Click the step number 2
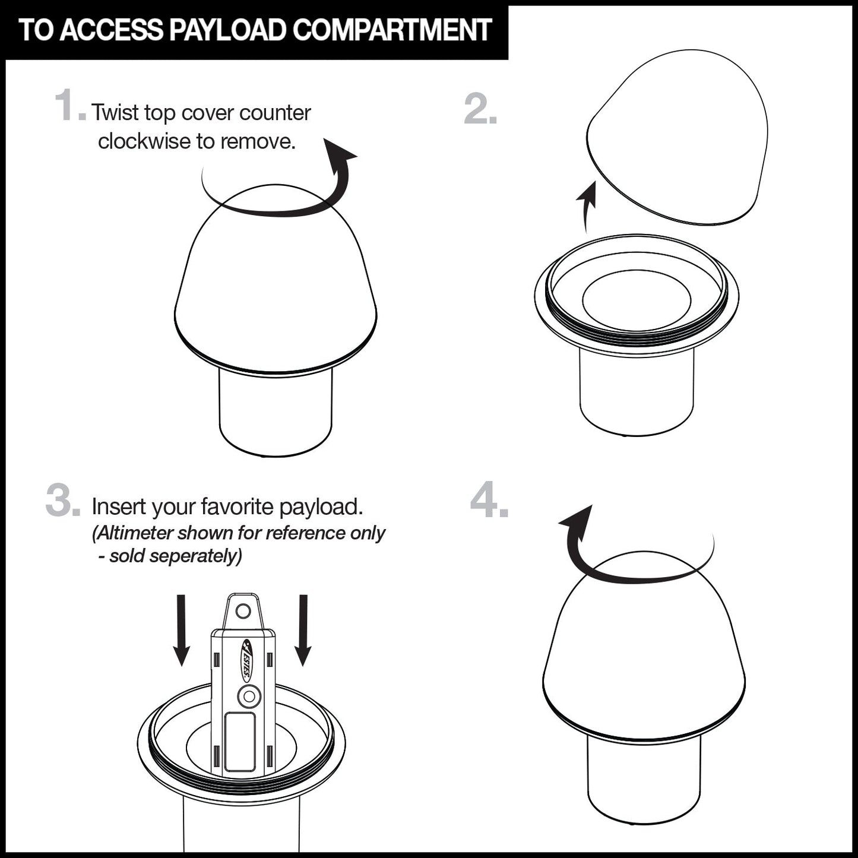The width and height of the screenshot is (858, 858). (480, 109)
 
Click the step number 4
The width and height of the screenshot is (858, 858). (489, 499)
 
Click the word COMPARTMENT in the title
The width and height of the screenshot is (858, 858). (392, 30)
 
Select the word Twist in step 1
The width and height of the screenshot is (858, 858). (115, 113)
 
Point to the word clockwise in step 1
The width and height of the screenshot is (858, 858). (144, 141)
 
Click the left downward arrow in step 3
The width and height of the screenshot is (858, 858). (181, 630)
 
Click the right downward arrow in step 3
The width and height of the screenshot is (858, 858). (303, 630)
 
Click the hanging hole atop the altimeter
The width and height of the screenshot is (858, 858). (243, 610)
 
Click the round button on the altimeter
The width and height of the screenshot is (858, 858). (249, 696)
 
